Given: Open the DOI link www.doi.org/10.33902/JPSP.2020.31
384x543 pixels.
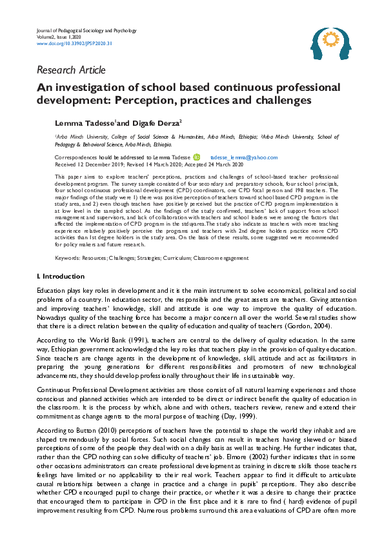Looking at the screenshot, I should pyautogui.click(x=66, y=44).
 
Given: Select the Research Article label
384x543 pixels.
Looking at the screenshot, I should pyautogui.click(x=71, y=70).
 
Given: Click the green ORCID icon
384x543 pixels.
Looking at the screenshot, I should pyautogui.click(x=197, y=157).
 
